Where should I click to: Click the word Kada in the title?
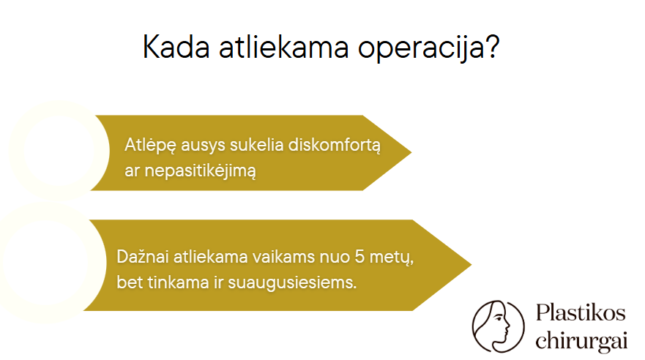(x=176, y=46)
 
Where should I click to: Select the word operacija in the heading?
(x=420, y=48)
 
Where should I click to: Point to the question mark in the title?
(x=491, y=45)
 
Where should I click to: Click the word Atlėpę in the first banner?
(x=151, y=146)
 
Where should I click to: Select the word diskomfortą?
(x=335, y=146)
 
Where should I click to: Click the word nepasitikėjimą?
(x=201, y=171)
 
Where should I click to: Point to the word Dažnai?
(x=143, y=256)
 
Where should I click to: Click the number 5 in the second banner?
(x=359, y=256)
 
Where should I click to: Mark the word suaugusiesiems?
(x=292, y=283)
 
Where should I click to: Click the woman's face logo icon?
(x=498, y=326)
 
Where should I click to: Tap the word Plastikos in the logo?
(x=581, y=313)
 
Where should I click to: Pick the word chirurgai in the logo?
(x=581, y=341)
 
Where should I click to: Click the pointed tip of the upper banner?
(x=411, y=152)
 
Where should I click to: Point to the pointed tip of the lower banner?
(x=471, y=265)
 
